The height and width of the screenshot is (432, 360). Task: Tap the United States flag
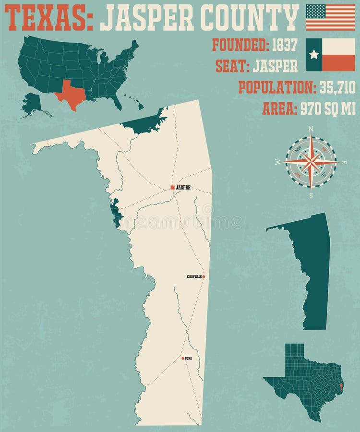click(x=330, y=17)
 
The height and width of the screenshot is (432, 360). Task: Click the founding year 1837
click(x=285, y=45)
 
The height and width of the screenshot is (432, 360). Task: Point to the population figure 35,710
click(x=336, y=87)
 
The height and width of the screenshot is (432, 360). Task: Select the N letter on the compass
click(x=311, y=129)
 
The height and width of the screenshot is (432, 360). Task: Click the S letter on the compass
click(x=311, y=195)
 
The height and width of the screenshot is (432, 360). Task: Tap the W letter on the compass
click(x=277, y=162)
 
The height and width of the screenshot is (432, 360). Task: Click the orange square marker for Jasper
click(x=172, y=187)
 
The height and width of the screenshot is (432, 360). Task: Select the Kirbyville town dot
click(x=204, y=277)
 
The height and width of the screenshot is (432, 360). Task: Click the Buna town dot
click(x=183, y=358)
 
